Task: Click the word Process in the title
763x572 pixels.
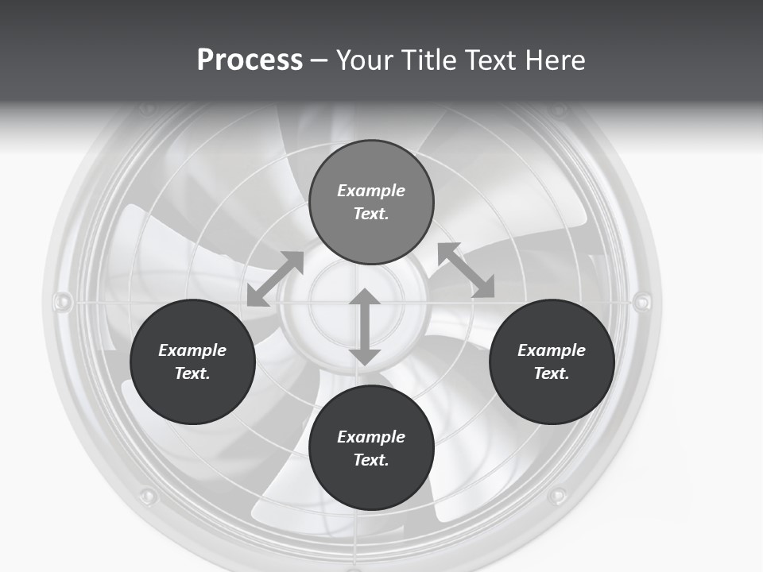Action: point(250,60)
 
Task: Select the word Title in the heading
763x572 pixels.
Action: point(430,60)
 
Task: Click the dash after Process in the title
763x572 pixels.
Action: point(320,61)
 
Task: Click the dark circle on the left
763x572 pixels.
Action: point(192,361)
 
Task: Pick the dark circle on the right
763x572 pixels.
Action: point(552,361)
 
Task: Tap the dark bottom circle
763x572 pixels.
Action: point(371,448)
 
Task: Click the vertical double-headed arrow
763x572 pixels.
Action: point(365,327)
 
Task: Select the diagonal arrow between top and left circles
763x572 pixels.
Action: point(276,278)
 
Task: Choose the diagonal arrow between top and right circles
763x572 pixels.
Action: point(467,270)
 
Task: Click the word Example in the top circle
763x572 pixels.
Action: point(371,191)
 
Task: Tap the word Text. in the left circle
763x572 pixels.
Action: point(192,373)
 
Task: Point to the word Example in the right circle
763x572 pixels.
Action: point(552,350)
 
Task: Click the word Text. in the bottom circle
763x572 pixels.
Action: point(371,460)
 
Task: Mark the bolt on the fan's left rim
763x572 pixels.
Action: point(61,302)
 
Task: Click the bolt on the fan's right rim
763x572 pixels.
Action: point(642,301)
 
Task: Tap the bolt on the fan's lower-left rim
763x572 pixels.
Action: point(147,497)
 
